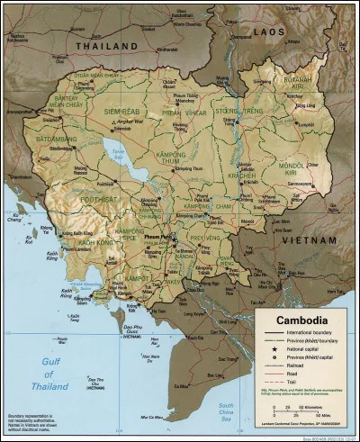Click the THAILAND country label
tap(105, 44)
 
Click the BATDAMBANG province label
tap(51, 140)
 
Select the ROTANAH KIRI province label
tap(297, 86)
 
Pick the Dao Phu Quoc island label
tap(133, 329)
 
